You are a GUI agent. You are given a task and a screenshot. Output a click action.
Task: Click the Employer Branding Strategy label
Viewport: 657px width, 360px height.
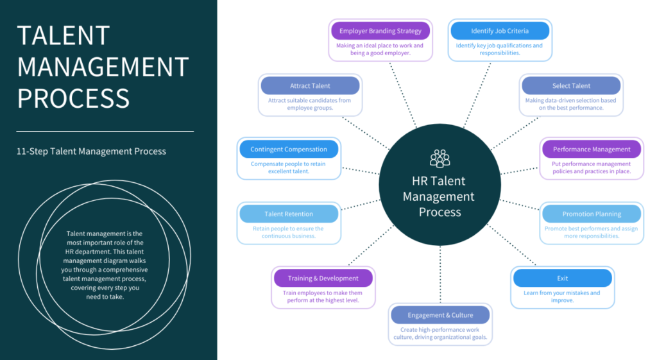point(380,31)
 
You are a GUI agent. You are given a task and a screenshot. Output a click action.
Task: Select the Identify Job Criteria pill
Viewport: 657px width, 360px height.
point(500,31)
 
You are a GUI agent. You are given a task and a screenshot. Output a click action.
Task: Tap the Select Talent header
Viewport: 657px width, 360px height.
point(571,86)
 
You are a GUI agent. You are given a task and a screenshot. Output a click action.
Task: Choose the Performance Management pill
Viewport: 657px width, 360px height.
point(592,150)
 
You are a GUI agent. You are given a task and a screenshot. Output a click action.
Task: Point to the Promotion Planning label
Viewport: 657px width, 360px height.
point(592,214)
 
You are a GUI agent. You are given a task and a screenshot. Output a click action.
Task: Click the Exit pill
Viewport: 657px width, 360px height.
point(562,279)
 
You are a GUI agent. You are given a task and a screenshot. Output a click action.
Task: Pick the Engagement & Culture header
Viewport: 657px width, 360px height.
point(440,315)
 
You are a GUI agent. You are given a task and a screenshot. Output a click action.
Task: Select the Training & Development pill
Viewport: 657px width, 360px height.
point(323,279)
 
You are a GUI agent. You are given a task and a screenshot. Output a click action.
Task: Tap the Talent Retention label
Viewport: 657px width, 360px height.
point(289,214)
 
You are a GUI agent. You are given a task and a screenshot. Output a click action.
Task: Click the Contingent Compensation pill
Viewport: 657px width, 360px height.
point(289,150)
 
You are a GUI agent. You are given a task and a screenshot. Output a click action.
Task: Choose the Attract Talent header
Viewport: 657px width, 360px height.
point(310,86)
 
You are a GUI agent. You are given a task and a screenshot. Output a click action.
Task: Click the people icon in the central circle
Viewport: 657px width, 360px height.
point(440,158)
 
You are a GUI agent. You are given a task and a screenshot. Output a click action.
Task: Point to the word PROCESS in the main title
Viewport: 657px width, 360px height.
point(73,98)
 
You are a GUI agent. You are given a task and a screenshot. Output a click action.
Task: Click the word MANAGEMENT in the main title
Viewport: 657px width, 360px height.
point(103,67)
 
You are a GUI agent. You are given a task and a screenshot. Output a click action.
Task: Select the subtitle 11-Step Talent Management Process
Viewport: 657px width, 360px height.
point(92,151)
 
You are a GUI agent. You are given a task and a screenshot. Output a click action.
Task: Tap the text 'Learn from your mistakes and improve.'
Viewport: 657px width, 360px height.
point(562,296)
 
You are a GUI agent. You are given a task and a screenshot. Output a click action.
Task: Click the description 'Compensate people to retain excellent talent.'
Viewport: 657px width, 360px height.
point(289,167)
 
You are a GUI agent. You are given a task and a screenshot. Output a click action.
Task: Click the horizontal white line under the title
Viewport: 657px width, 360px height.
point(105,132)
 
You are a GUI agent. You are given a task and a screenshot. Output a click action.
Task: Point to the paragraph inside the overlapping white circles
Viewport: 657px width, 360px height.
point(105,265)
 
